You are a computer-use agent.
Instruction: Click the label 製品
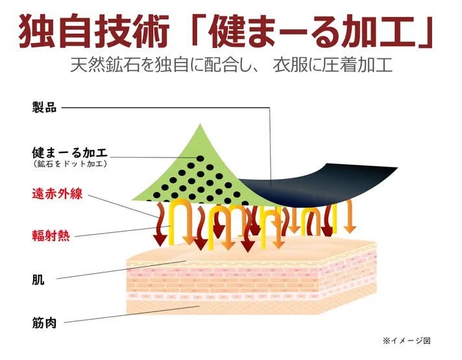click(x=44, y=108)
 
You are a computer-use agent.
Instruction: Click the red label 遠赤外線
click(x=57, y=193)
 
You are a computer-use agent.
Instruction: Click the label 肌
click(x=38, y=280)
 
